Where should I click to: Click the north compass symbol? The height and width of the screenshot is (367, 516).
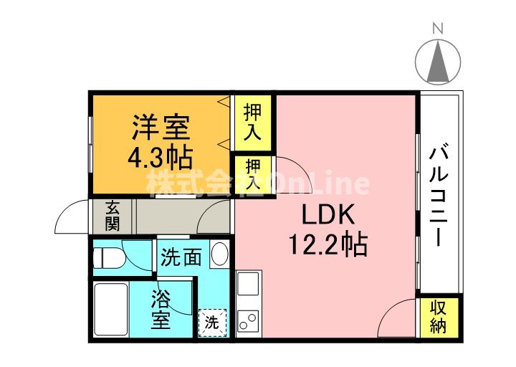tap(439, 61)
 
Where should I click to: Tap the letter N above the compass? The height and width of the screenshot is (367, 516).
tap(439, 29)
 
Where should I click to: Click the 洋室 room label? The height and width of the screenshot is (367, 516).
tap(160, 127)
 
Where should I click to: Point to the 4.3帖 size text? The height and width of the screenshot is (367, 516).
tap(160, 156)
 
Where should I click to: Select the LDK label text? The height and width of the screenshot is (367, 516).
tap(327, 215)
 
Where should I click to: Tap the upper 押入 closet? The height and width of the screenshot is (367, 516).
tap(252, 123)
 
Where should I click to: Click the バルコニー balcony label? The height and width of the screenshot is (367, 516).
tap(439, 194)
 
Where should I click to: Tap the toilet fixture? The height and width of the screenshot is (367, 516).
tap(111, 257)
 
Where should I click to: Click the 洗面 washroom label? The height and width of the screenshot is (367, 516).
tap(181, 257)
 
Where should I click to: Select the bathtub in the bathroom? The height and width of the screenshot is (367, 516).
tap(111, 310)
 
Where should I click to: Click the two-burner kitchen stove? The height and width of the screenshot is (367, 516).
tap(248, 320)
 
